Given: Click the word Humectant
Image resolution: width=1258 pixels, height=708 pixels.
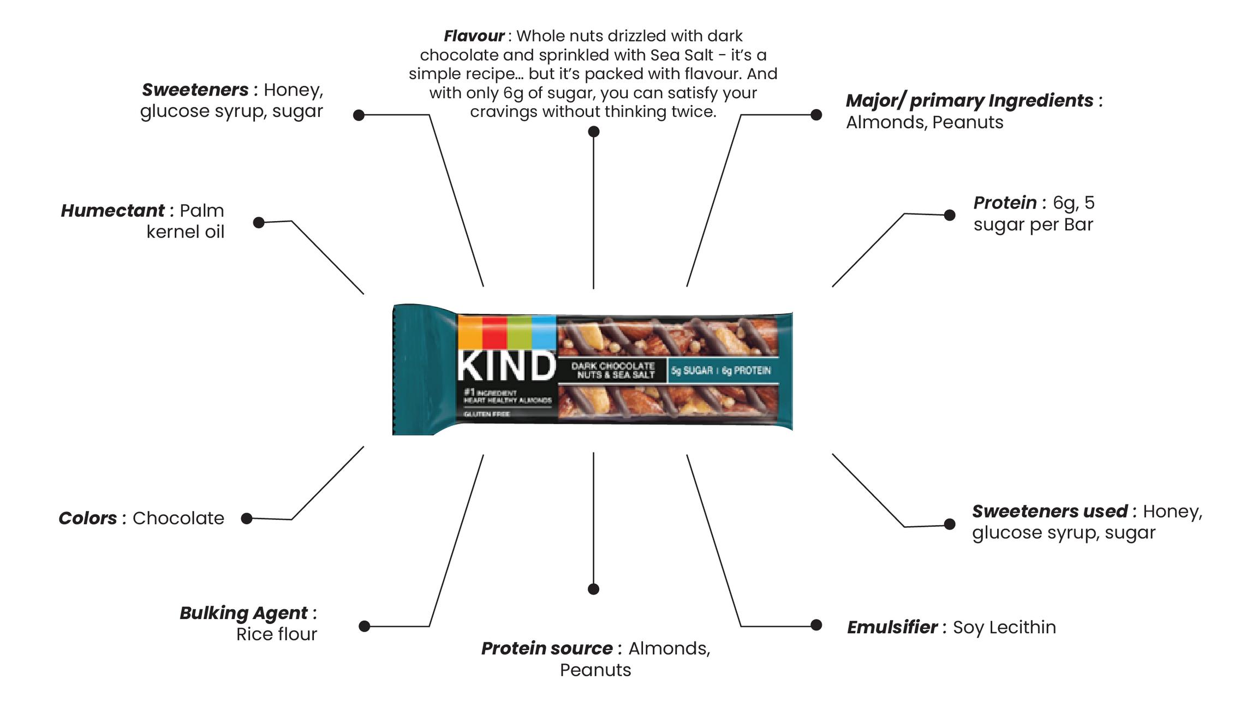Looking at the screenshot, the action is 112,211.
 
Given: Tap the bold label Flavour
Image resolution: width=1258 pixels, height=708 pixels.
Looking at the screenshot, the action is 473,36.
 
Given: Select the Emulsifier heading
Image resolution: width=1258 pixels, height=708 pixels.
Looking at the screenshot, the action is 892,627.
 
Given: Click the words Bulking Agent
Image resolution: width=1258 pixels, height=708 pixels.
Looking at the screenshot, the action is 243,613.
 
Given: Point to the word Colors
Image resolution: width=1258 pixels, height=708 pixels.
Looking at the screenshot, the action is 87,518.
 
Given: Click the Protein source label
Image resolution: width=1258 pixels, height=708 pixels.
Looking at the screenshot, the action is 546,648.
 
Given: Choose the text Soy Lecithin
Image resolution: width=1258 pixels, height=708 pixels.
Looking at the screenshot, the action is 1004,627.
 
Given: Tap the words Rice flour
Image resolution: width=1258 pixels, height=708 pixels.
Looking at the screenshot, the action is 277,634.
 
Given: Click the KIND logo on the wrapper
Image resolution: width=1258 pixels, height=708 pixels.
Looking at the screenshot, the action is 506,366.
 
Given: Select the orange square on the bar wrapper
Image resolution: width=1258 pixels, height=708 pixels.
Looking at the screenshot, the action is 470,331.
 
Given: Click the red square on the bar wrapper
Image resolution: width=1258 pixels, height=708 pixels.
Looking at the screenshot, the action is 494,331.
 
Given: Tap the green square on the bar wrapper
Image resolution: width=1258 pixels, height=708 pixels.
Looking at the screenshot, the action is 519,331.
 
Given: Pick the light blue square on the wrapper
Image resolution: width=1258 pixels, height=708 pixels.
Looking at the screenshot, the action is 544,331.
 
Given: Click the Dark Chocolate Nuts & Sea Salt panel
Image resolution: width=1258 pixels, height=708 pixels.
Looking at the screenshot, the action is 612,371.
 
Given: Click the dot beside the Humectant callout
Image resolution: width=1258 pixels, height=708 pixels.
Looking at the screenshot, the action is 259,222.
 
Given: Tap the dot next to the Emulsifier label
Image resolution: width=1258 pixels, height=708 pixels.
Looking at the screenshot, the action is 816,625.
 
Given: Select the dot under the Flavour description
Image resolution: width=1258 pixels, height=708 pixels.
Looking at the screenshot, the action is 594,132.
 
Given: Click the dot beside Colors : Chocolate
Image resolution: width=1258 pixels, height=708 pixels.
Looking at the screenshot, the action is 247,519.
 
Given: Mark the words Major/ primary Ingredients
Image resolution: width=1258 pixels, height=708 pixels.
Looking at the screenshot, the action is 969,101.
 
